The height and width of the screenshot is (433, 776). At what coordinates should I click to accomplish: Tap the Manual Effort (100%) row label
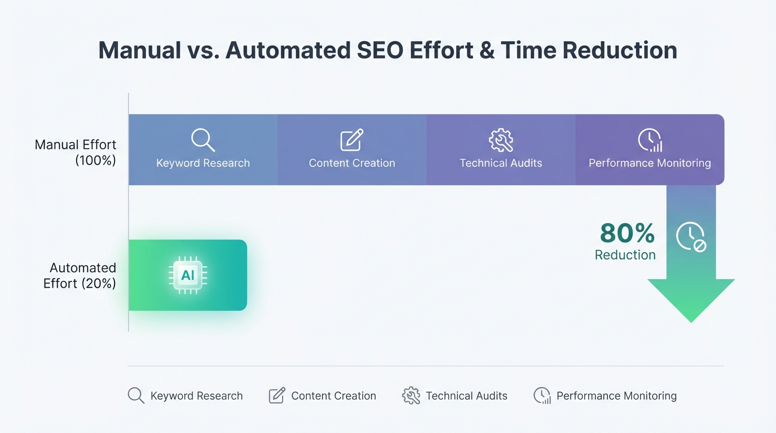click(76, 152)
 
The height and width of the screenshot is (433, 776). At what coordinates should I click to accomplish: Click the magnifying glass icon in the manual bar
click(202, 140)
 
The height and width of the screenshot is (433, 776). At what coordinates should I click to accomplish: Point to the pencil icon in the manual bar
click(352, 140)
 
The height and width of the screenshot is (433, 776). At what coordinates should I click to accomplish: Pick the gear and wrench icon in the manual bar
click(501, 140)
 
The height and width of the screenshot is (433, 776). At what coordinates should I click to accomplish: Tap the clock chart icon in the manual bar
click(650, 140)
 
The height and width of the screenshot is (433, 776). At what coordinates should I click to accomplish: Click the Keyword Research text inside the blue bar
click(203, 164)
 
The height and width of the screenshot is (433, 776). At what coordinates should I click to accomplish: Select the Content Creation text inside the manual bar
click(352, 164)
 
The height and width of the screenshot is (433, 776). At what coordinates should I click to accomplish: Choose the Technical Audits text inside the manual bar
click(501, 164)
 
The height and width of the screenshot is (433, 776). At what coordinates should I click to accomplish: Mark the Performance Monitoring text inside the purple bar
click(650, 164)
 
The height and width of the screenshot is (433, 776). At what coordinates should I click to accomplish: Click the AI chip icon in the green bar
click(188, 275)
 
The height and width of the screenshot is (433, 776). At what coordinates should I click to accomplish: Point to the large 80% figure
click(627, 233)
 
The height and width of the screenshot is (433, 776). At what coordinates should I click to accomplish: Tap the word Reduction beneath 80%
click(625, 255)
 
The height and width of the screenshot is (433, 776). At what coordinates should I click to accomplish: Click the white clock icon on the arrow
click(691, 237)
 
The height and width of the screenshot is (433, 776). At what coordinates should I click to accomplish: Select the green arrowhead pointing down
click(691, 299)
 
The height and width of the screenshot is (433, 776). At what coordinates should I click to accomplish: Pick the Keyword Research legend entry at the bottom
click(186, 396)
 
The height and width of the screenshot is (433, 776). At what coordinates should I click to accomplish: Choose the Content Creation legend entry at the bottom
click(323, 396)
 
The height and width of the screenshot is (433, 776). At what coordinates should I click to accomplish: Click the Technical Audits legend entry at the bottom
click(455, 396)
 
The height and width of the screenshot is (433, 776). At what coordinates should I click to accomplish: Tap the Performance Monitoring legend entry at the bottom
click(605, 396)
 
